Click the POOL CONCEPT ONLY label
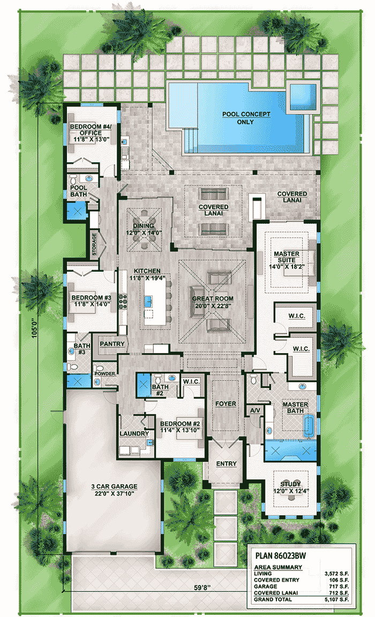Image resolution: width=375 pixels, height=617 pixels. [246, 118]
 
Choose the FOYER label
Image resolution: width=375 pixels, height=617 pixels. [225, 403]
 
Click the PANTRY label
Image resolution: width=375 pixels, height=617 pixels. [112, 344]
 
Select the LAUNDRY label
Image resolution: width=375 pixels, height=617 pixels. [130, 433]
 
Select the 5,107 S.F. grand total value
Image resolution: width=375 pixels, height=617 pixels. [337, 600]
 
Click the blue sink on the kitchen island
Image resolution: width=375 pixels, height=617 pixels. [147, 301]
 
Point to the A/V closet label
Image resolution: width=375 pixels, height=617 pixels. [254, 410]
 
